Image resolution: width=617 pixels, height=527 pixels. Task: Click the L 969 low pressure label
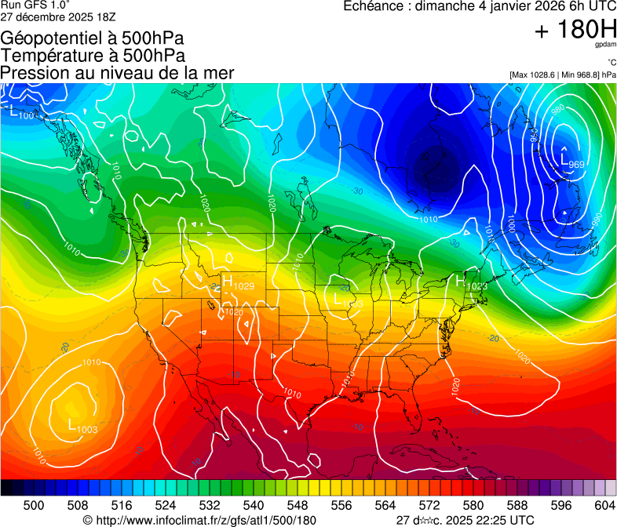tap(571, 161)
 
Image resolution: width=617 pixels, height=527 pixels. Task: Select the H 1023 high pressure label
tap(472, 282)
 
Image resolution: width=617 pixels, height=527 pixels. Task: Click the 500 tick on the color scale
tap(34, 504)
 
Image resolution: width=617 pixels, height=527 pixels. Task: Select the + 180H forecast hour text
tap(575, 31)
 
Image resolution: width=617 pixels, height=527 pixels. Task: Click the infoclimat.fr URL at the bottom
tap(206, 520)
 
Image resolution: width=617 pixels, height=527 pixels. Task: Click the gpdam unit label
tap(606, 46)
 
